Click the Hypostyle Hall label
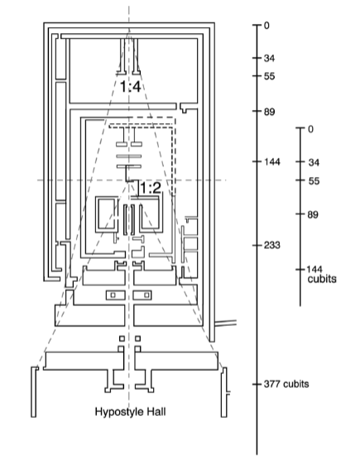(131, 412)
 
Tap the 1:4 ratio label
(131, 87)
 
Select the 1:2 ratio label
(151, 188)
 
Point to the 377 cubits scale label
(286, 384)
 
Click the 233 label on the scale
(271, 245)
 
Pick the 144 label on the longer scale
(271, 161)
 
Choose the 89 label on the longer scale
(269, 112)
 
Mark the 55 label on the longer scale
(269, 76)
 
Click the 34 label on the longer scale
(269, 58)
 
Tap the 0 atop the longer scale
(266, 26)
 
